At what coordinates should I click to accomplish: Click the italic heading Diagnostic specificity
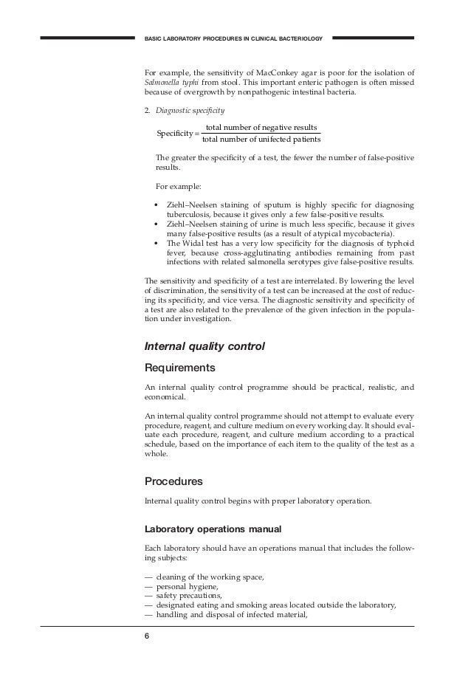click(183, 111)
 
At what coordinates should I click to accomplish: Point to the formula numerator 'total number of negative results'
click(261, 128)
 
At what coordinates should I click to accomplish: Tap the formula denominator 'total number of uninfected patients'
click(261, 139)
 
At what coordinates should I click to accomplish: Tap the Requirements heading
click(180, 368)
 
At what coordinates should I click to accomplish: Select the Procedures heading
click(173, 481)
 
